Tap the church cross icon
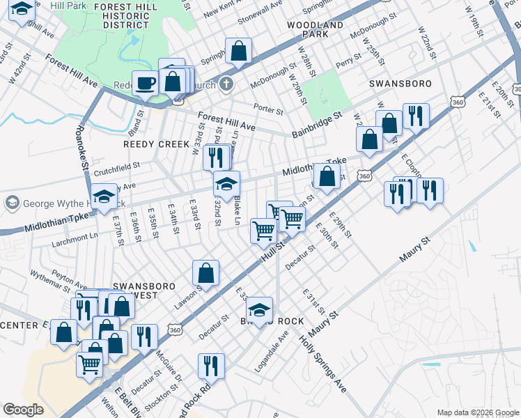point(224,84)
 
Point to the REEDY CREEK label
point(156,144)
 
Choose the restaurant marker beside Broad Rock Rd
point(210,366)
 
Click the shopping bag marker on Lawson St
point(206,274)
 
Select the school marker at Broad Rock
point(259,310)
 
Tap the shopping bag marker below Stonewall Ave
point(238,51)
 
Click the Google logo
point(24,409)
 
